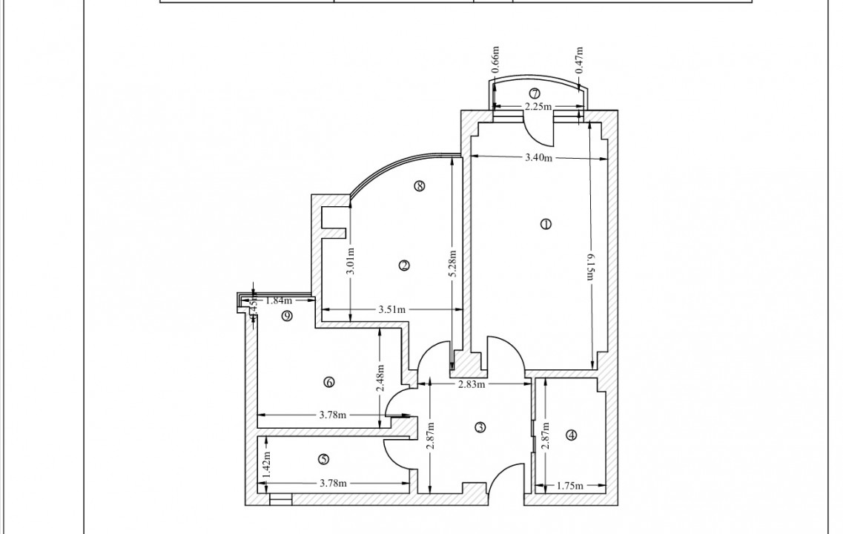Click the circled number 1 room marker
tap(546, 224)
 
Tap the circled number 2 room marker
tap(404, 266)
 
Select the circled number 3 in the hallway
tap(480, 427)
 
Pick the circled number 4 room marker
tap(571, 435)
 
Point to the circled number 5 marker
tap(323, 458)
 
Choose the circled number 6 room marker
tap(329, 383)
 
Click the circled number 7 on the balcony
tap(535, 93)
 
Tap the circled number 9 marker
tap(288, 316)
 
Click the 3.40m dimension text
tap(539, 157)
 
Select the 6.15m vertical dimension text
tap(591, 263)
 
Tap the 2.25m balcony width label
tap(538, 107)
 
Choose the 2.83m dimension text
tap(471, 384)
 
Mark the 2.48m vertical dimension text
tap(380, 377)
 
